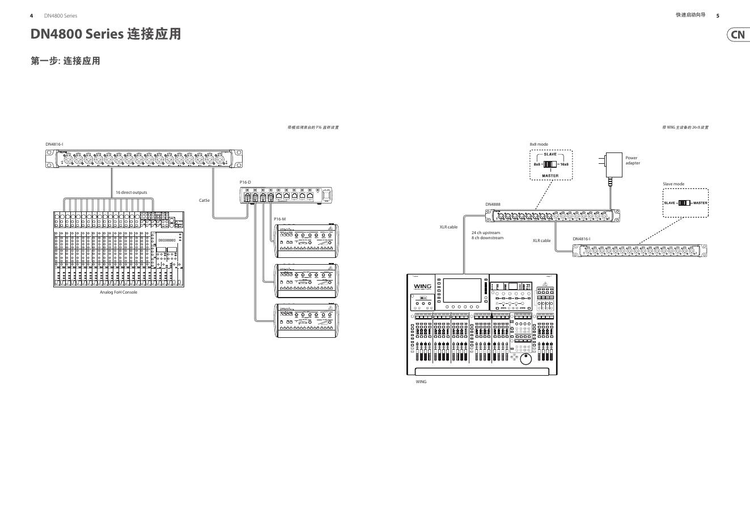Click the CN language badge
tap(738, 35)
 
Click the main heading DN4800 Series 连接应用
tap(106, 34)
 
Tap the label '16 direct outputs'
tap(131, 192)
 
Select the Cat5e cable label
tap(204, 200)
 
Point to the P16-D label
tap(245, 182)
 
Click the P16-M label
tap(279, 219)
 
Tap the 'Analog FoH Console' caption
tap(118, 292)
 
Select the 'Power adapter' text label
tap(633, 160)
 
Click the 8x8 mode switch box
tap(550, 165)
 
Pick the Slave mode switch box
tap(685, 203)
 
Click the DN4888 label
tap(493, 204)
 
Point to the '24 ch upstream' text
tap(486, 232)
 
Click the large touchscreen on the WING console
tap(462, 290)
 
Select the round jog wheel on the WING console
tap(526, 359)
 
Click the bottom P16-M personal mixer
tap(306, 321)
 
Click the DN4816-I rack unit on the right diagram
tap(639, 249)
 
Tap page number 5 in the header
tap(718, 16)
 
